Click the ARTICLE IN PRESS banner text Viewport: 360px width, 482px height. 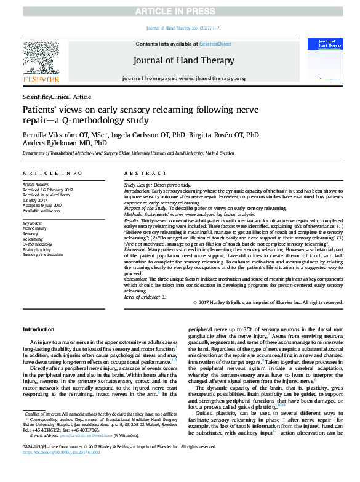coord(180,12)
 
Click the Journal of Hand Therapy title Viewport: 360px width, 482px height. coord(180,61)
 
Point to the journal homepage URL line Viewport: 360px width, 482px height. coord(184,79)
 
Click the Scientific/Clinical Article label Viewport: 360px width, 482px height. coord(56,97)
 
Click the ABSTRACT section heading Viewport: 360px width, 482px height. coord(143,174)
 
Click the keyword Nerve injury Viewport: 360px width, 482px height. coord(34,228)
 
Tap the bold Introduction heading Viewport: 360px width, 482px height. coord(38,330)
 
